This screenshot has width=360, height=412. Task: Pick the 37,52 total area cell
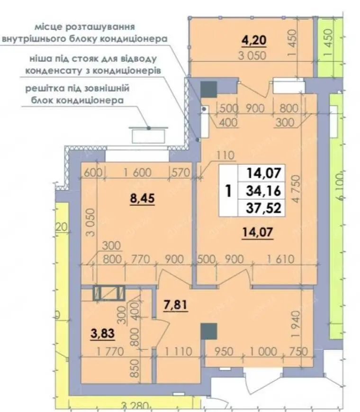(263, 208)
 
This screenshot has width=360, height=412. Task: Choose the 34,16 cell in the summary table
(263, 191)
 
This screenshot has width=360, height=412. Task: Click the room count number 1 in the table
(228, 191)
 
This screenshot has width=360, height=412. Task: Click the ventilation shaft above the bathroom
(109, 293)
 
